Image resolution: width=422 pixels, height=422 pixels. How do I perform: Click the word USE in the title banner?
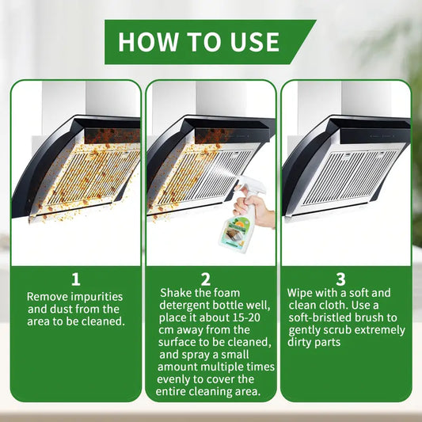[255, 42]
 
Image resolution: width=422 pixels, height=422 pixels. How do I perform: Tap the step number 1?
[76, 279]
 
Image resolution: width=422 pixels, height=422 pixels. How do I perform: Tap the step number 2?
[206, 279]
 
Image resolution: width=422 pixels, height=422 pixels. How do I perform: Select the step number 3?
[340, 279]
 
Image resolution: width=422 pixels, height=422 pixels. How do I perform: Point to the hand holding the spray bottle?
[253, 208]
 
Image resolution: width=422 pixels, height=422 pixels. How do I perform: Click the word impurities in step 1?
[97, 297]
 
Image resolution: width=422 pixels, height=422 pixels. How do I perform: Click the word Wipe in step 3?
[299, 294]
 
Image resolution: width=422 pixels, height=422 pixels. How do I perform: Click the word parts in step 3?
[328, 343]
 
